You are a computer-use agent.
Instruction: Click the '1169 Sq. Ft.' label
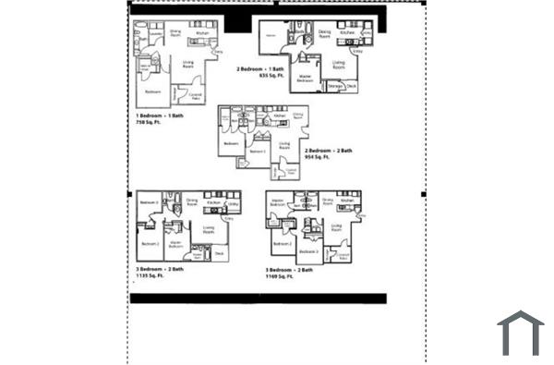pos(279,275)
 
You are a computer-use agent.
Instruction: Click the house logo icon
pos(521,334)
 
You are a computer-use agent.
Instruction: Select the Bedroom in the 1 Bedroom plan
pos(152,91)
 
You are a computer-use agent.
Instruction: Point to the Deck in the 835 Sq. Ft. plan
pos(352,87)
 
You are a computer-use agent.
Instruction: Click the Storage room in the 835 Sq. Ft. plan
pos(335,87)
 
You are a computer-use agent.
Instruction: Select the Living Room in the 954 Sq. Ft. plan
pos(284,145)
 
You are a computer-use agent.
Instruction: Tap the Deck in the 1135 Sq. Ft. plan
pos(219,252)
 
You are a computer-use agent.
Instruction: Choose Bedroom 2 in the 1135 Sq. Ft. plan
pos(150,244)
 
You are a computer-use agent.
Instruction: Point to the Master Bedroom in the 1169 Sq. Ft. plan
pos(276,201)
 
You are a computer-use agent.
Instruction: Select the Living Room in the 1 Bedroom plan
pos(187,64)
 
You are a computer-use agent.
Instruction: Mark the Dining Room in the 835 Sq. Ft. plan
pos(324,33)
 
